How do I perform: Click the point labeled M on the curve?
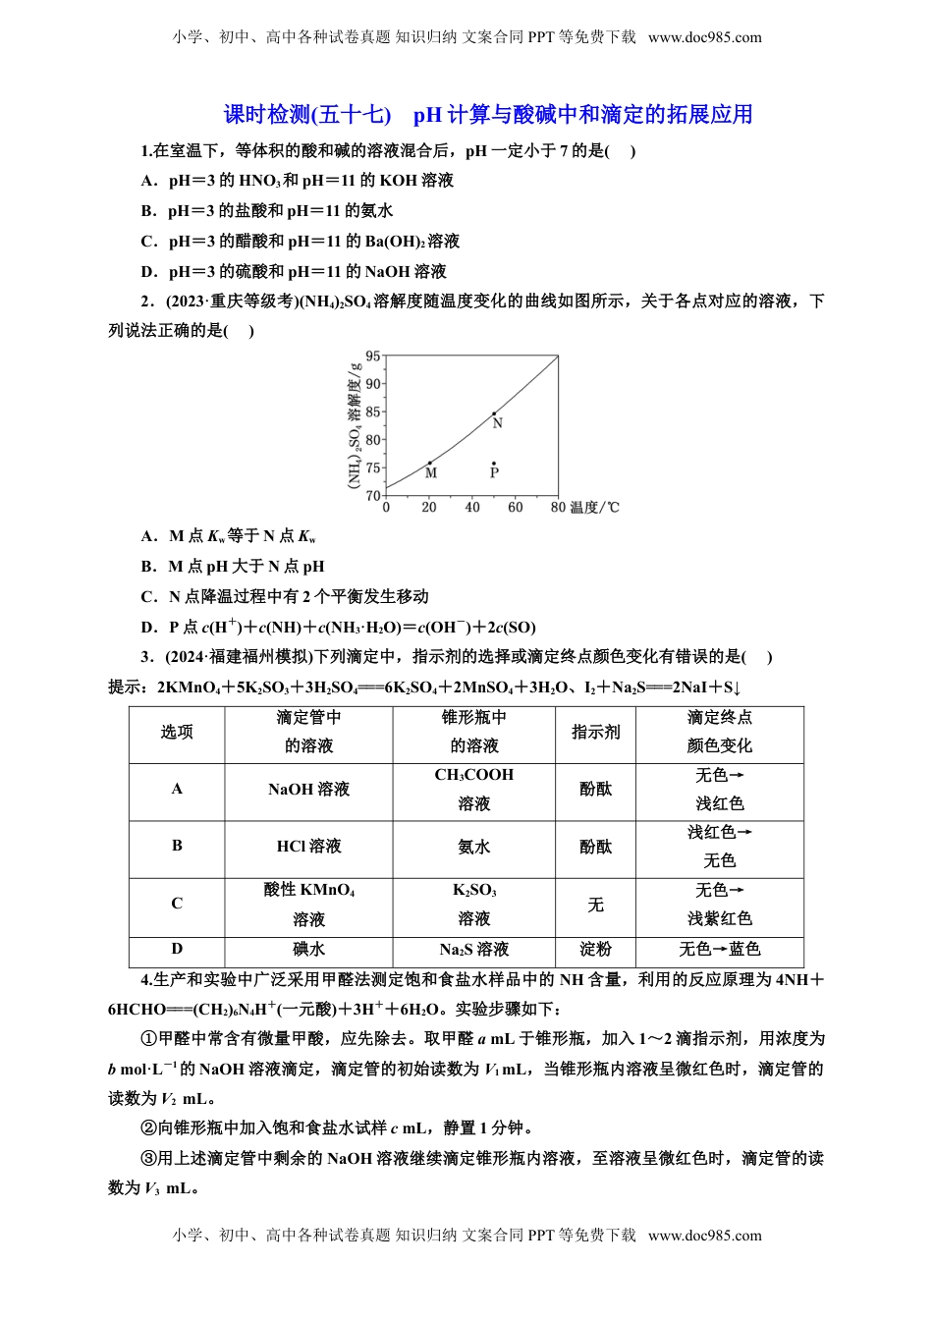pos(429,463)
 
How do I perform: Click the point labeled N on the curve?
pos(494,413)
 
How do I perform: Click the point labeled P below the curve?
pos(494,464)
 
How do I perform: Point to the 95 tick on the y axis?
pos(373,357)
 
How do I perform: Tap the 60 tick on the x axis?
pos(516,508)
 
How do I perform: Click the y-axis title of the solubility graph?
pos(355,425)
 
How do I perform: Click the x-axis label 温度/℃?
pos(595,508)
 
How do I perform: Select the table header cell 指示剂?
pos(595,732)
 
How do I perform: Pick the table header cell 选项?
pos(177,732)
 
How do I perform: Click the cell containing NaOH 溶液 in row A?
pos(308,789)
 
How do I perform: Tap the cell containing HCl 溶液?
pos(308,846)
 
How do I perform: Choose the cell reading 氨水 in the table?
pos(473,846)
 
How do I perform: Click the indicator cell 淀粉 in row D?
pos(595,949)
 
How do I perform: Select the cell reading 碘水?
pos(308,949)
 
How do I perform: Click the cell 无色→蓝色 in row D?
pos(719,949)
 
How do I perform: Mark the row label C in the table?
pos(177,904)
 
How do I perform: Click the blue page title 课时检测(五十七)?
pos(307,115)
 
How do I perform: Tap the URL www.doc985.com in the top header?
pos(704,37)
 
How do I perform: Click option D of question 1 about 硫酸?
pos(295,271)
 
